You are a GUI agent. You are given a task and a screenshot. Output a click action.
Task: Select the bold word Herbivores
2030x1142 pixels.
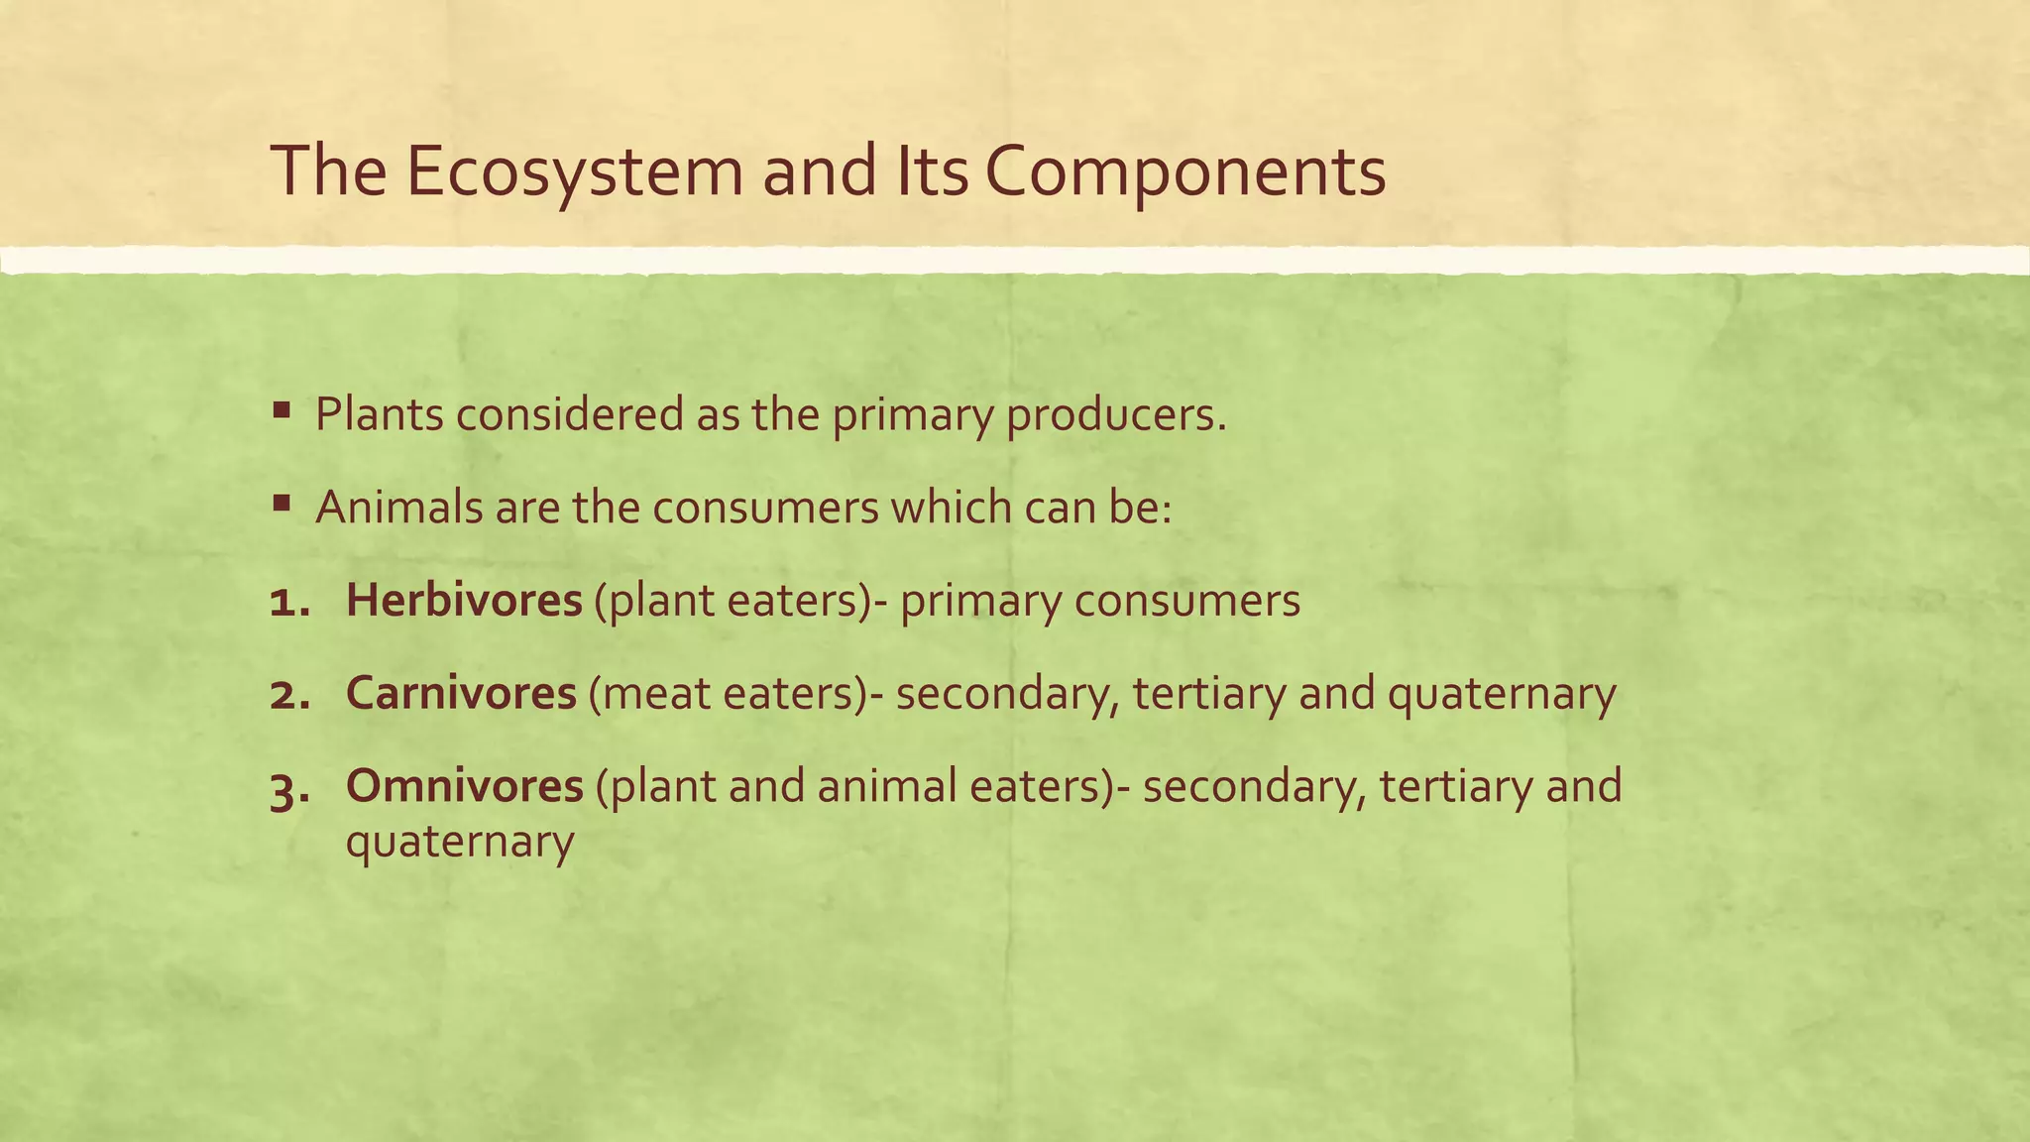coord(464,601)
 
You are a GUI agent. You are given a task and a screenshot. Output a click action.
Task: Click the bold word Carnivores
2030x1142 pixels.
coord(461,693)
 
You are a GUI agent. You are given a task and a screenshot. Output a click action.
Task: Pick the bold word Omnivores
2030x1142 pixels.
coord(465,786)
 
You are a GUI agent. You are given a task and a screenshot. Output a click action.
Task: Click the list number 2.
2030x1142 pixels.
coord(288,694)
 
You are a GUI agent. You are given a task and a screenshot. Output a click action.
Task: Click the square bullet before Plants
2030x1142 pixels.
coord(282,409)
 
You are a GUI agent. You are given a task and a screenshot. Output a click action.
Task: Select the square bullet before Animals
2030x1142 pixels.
coord(282,503)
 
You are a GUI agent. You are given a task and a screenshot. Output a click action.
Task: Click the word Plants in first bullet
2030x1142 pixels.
coord(380,414)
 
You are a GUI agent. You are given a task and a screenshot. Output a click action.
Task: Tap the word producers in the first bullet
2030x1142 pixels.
coord(1116,414)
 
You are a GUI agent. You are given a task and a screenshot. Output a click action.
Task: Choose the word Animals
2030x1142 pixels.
coord(396,508)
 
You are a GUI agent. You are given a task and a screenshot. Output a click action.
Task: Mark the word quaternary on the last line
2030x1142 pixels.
coord(460,842)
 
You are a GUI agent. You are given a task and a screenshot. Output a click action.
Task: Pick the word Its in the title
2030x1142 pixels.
coord(932,171)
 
